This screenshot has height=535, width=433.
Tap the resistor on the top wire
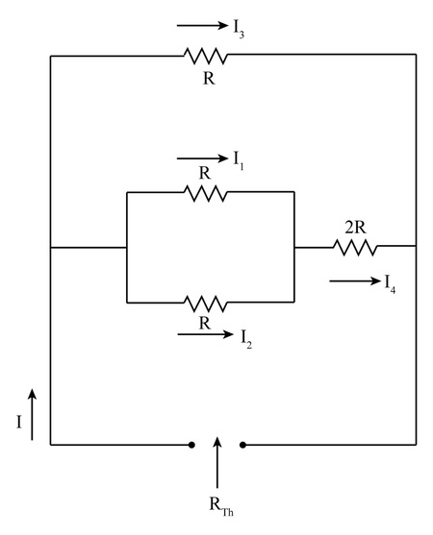pos(205,56)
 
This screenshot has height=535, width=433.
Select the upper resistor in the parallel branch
pos(205,193)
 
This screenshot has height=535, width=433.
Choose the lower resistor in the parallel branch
pos(205,303)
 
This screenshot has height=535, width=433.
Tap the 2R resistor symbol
pos(356,248)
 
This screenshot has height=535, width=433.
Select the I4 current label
pos(390,283)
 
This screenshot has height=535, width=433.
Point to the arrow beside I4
pos(351,280)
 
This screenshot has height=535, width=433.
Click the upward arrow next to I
pos(31,415)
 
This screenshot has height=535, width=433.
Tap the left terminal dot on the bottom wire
pos(192,445)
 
